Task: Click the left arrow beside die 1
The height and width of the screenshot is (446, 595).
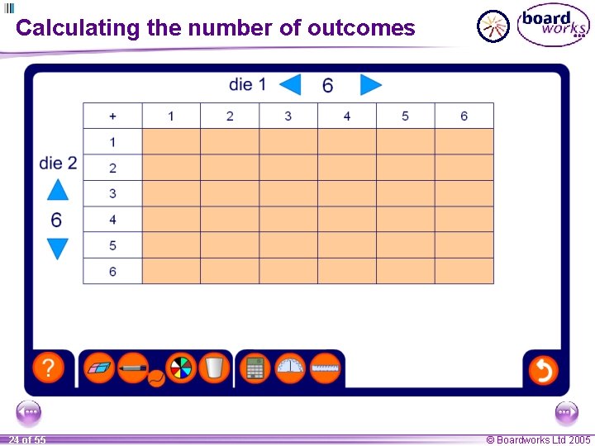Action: point(290,84)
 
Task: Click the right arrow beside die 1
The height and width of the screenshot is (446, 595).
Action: point(370,84)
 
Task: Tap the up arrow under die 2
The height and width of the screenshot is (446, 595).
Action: point(57,190)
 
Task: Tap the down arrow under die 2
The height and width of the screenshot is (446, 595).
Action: point(57,249)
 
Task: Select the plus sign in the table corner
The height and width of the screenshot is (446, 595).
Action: point(112,116)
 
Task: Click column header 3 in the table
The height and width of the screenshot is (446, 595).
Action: point(288,116)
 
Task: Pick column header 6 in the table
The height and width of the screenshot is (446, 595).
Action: point(464,116)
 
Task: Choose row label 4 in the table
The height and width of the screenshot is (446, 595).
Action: point(112,220)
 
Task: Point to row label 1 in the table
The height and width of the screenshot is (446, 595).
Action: point(112,142)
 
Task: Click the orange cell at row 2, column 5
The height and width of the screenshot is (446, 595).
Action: point(405,168)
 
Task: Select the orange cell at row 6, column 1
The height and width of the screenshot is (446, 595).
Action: point(171,271)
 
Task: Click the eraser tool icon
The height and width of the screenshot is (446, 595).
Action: point(100,368)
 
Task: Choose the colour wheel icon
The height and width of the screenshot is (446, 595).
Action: point(179,368)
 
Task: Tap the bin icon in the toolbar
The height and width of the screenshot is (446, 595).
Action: point(213,368)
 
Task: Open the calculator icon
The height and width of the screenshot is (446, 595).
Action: point(255,368)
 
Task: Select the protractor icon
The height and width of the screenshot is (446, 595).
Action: point(290,368)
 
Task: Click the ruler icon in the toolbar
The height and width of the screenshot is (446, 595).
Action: point(326,368)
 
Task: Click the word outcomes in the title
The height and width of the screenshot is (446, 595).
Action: point(360,28)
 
